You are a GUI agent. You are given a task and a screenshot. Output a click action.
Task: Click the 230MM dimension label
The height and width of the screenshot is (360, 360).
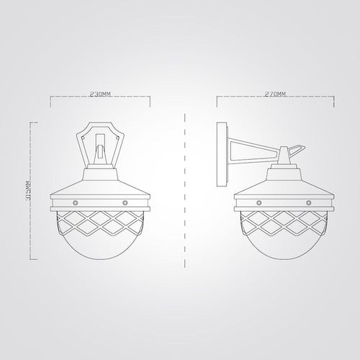100,94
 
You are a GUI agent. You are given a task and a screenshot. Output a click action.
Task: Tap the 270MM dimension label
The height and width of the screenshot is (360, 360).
275,94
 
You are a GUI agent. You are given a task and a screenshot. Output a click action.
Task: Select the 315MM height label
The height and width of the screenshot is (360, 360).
29,191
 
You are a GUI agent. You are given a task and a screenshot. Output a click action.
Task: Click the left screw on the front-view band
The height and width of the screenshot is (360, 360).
76,203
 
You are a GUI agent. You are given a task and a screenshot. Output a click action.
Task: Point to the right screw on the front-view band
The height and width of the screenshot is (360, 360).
125,203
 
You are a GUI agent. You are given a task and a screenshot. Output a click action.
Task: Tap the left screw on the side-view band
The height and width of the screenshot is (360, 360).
258,203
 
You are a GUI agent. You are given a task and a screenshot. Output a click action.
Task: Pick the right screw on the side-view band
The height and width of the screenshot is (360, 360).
309,203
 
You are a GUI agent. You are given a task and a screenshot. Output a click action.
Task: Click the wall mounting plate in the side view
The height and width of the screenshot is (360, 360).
222,154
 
